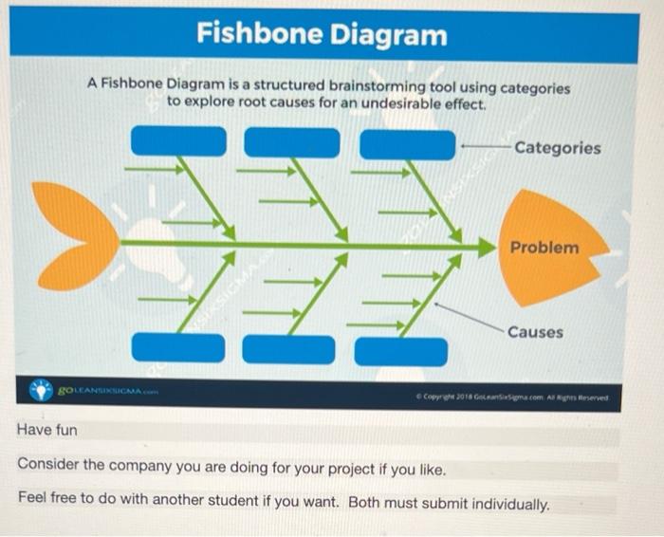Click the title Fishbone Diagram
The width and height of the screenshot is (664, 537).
pos(322,35)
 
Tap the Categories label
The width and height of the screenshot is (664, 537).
pos(557,148)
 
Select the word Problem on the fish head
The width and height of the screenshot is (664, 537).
pos(544,248)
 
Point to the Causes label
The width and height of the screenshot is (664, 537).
pos(534,332)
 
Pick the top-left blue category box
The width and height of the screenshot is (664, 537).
pos(178,141)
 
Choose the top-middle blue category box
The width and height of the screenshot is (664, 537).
pos(291,141)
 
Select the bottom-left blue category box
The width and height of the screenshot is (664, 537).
pos(178,347)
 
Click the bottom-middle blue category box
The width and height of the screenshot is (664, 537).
pos(288,349)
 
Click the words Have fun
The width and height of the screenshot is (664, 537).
pos(47,431)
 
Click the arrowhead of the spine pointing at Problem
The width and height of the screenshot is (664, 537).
pos(486,247)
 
